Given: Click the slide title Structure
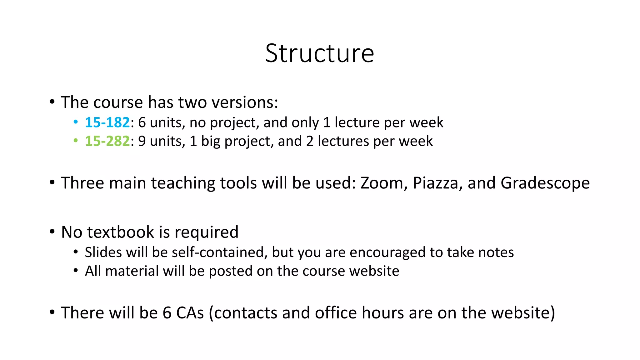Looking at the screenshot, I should click(x=320, y=53).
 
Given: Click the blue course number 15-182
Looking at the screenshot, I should click(x=107, y=122).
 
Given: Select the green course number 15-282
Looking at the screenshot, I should click(x=107, y=141).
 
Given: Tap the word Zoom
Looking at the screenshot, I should click(x=382, y=183).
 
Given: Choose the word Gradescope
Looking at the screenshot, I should click(x=545, y=183).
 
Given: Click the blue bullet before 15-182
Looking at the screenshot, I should click(x=75, y=122).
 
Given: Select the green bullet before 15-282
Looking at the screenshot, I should click(x=75, y=141).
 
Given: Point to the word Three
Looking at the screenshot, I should click(x=82, y=183).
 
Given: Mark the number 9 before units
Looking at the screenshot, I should click(x=142, y=141).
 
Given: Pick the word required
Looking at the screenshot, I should click(x=207, y=232).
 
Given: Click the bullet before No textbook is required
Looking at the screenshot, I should click(x=52, y=232).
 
